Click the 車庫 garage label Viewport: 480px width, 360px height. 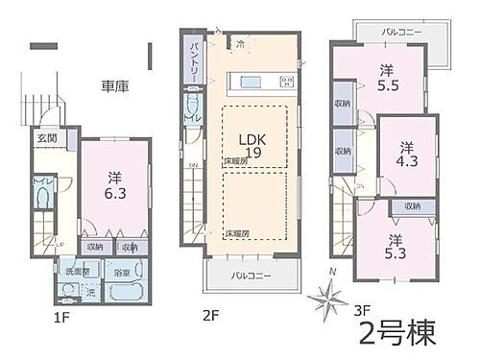click(115, 86)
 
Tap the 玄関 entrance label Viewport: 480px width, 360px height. click(47, 136)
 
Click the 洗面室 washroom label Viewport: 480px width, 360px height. click(78, 272)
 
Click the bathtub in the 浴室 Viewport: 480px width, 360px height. click(127, 291)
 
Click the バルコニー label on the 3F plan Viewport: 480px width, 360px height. click(395, 32)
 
